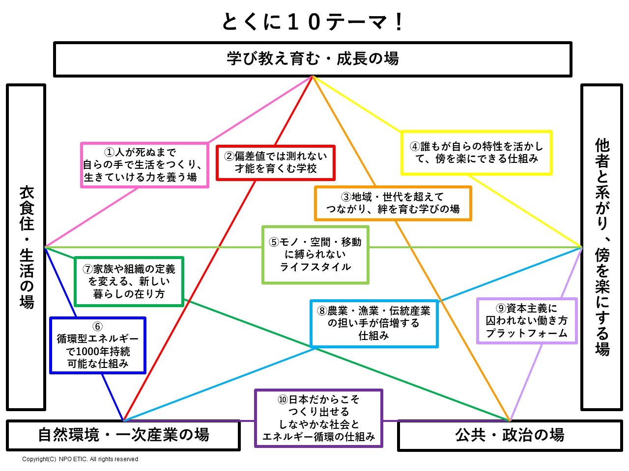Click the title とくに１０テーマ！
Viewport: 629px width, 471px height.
313,22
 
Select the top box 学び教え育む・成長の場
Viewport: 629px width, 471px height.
313,59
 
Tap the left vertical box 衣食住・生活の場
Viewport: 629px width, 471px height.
26,247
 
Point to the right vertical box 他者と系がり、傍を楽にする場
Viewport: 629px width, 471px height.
602,247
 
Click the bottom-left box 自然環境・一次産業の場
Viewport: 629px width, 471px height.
123,435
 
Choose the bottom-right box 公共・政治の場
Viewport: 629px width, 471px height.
510,435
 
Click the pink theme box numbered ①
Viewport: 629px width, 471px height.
144,165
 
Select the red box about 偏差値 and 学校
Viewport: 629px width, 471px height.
276,162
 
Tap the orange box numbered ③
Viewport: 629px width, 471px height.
393,203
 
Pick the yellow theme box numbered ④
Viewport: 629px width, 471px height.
477,153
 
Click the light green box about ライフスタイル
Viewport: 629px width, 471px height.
315,255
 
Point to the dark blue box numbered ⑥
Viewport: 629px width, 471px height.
98,345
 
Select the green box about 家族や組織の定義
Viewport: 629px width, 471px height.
129,282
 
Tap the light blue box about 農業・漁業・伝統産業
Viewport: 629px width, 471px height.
374,323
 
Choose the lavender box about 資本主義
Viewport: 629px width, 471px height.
527,321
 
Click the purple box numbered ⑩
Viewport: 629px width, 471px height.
318,418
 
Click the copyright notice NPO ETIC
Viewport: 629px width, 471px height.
80,459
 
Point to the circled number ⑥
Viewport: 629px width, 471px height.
97,327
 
